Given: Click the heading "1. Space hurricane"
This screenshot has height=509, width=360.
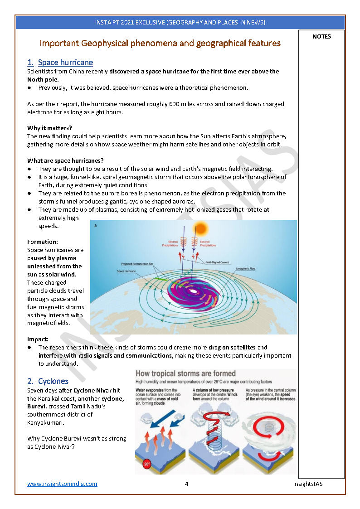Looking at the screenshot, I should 60,63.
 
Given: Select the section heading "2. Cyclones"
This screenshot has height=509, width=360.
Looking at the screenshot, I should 48,381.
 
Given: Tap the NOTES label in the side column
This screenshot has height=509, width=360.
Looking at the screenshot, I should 321,37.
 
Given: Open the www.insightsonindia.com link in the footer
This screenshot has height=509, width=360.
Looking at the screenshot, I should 62,484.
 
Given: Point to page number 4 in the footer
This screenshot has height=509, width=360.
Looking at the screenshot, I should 186,484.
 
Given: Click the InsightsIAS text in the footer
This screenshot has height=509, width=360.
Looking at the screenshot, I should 307,484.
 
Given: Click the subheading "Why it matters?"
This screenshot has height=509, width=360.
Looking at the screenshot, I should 49,128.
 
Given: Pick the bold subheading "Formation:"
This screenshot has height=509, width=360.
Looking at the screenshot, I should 43,242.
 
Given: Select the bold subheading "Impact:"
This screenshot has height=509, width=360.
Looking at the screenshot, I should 38,339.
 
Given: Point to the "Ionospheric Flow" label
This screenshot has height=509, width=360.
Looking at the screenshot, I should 246,268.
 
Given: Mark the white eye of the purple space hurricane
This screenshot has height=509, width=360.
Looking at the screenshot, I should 194,291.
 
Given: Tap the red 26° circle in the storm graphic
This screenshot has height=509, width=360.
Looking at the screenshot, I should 147,465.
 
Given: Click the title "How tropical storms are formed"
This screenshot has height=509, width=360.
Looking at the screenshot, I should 186,374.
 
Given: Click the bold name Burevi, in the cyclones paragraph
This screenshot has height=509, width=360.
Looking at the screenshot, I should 38,407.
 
